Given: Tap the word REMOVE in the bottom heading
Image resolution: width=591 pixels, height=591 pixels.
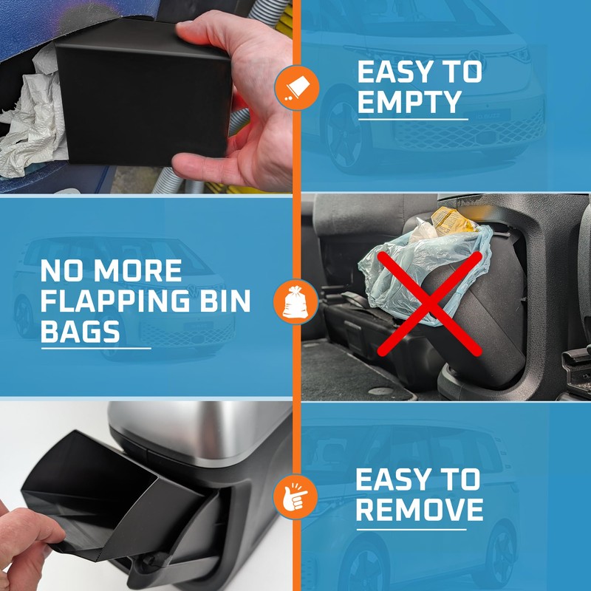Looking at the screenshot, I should tap(420, 510).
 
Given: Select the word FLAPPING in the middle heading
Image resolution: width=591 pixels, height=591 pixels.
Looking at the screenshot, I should tap(126, 301).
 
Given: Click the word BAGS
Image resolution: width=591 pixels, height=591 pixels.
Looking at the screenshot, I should tap(81, 332).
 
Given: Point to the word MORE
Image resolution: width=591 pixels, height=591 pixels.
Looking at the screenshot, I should tap(140, 271).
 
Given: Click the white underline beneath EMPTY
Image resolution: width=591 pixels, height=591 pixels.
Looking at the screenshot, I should tap(412, 120).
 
